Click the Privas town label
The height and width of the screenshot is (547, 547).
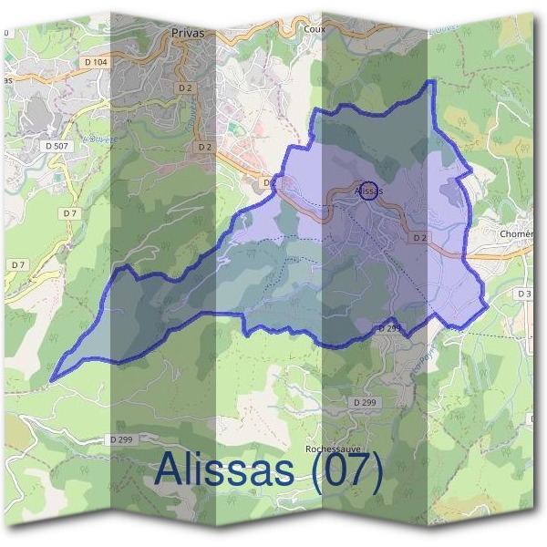click(x=187, y=32)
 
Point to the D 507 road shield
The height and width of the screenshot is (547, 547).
click(x=57, y=145)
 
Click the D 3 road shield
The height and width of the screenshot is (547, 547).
click(x=523, y=294)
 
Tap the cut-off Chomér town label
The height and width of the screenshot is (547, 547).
click(x=516, y=233)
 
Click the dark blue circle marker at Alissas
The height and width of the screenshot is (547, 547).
click(x=367, y=191)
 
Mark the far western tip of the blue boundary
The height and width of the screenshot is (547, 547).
click(x=52, y=378)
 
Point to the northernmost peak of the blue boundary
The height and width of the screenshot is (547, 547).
click(x=431, y=82)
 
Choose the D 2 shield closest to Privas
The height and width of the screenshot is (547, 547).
click(x=186, y=88)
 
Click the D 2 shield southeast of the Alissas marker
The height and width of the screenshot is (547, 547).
click(x=418, y=237)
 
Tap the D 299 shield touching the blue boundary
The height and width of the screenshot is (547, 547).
click(x=389, y=327)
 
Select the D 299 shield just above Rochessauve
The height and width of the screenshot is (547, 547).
click(x=363, y=402)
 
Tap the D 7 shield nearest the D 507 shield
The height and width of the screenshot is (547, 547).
click(x=68, y=212)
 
